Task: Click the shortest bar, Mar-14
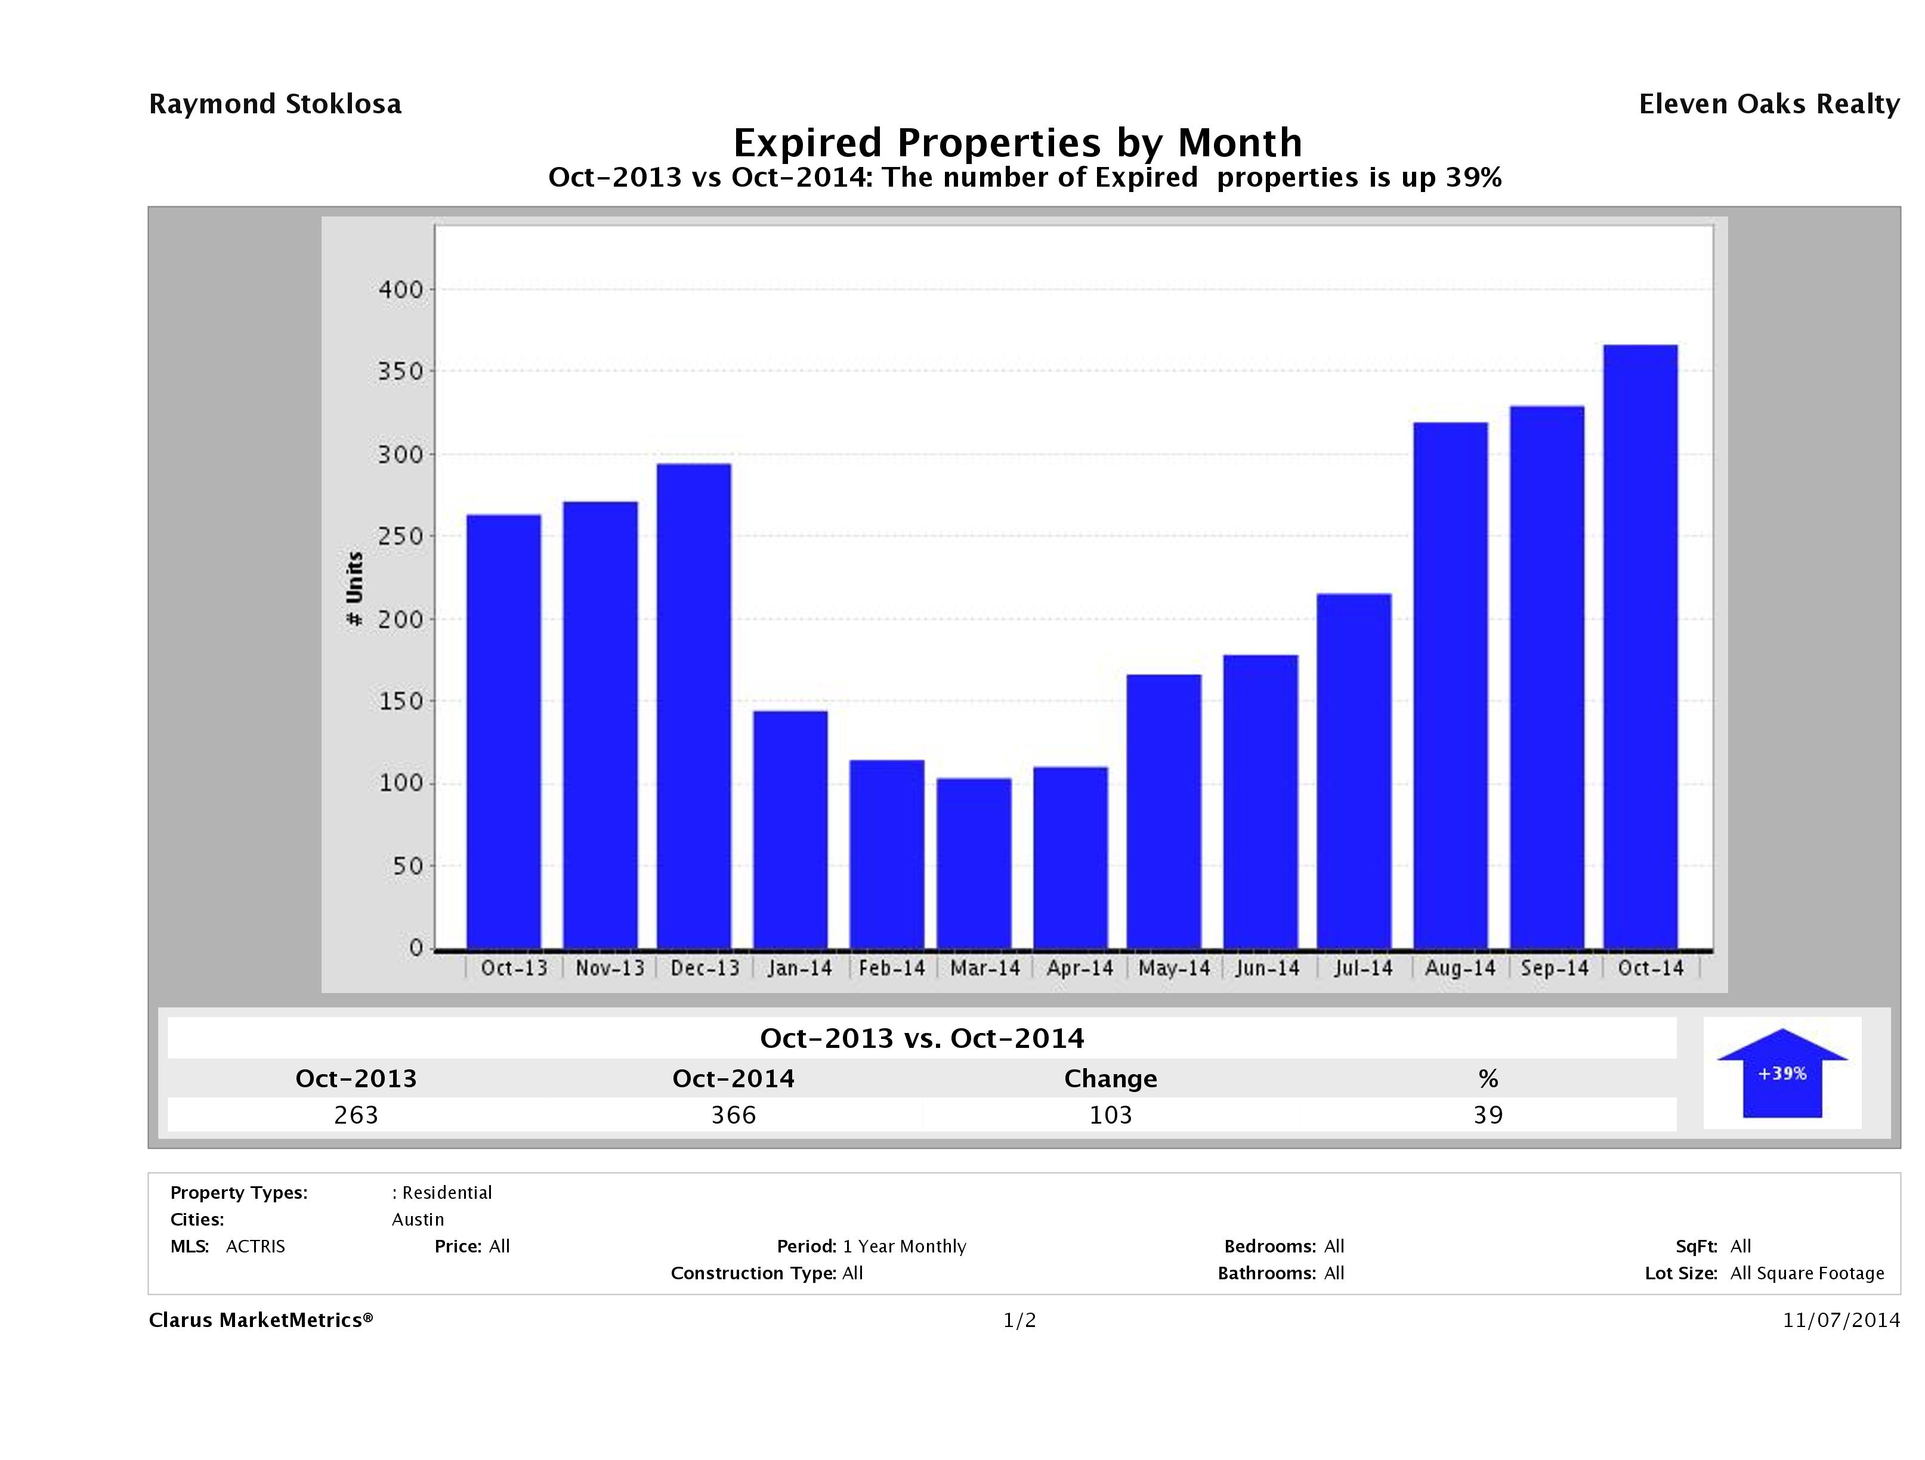click(974, 863)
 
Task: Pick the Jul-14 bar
click(1354, 771)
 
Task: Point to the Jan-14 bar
click(790, 829)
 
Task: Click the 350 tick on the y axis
click(400, 372)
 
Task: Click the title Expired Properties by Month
click(1017, 142)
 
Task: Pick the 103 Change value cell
click(1111, 1115)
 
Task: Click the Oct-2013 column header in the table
click(356, 1078)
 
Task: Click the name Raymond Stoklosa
click(275, 104)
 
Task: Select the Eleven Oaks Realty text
click(1768, 104)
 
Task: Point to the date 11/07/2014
click(1840, 1320)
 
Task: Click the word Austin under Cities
click(418, 1219)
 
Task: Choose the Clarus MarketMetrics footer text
click(260, 1320)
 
